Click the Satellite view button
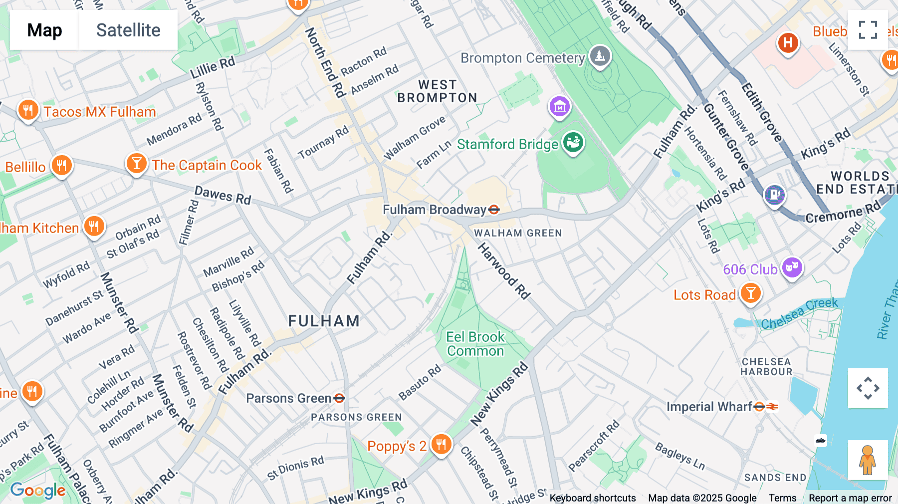(128, 30)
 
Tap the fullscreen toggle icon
(868, 30)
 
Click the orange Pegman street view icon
(868, 460)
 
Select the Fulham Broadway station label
(434, 210)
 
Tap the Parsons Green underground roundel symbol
(339, 398)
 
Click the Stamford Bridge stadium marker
(573, 143)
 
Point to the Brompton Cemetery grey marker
(600, 56)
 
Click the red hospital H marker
(788, 43)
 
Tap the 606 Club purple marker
(792, 267)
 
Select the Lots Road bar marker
(750, 293)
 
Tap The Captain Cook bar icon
(136, 163)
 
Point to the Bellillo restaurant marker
(62, 165)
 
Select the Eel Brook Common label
(475, 344)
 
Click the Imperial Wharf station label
(709, 407)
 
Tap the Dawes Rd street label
(223, 195)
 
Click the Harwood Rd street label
(504, 271)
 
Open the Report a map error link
(850, 498)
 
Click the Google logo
(38, 491)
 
